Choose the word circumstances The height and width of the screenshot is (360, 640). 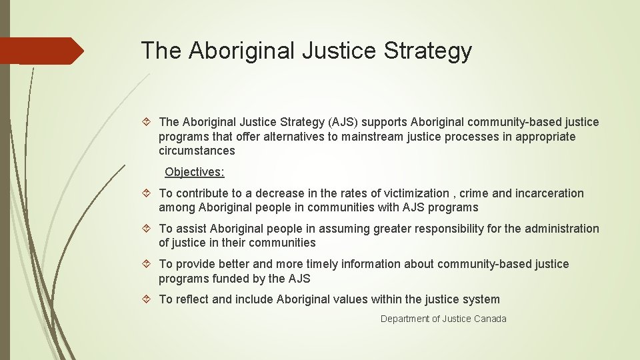pyautogui.click(x=197, y=151)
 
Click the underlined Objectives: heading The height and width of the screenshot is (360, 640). pyautogui.click(x=195, y=172)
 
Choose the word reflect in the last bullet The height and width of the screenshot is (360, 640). pyautogui.click(x=193, y=299)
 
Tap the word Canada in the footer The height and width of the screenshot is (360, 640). pyautogui.click(x=490, y=319)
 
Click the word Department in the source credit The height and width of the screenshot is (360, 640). pyautogui.click(x=405, y=319)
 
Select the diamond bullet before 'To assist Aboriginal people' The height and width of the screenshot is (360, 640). pyautogui.click(x=149, y=229)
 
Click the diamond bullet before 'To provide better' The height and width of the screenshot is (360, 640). pyautogui.click(x=149, y=264)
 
